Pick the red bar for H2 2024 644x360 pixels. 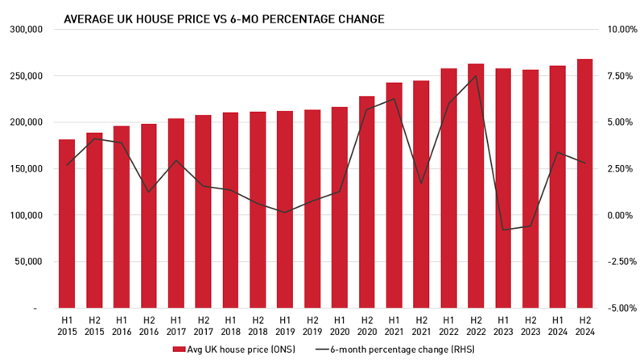point(584,184)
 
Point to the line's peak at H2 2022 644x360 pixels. point(476,76)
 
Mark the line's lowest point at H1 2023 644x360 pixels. point(503,230)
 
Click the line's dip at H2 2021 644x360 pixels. point(421,183)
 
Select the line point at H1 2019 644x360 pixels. point(285,213)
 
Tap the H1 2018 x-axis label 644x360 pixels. point(230,325)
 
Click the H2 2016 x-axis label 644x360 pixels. point(148,325)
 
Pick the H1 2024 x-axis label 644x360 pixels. point(558,325)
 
